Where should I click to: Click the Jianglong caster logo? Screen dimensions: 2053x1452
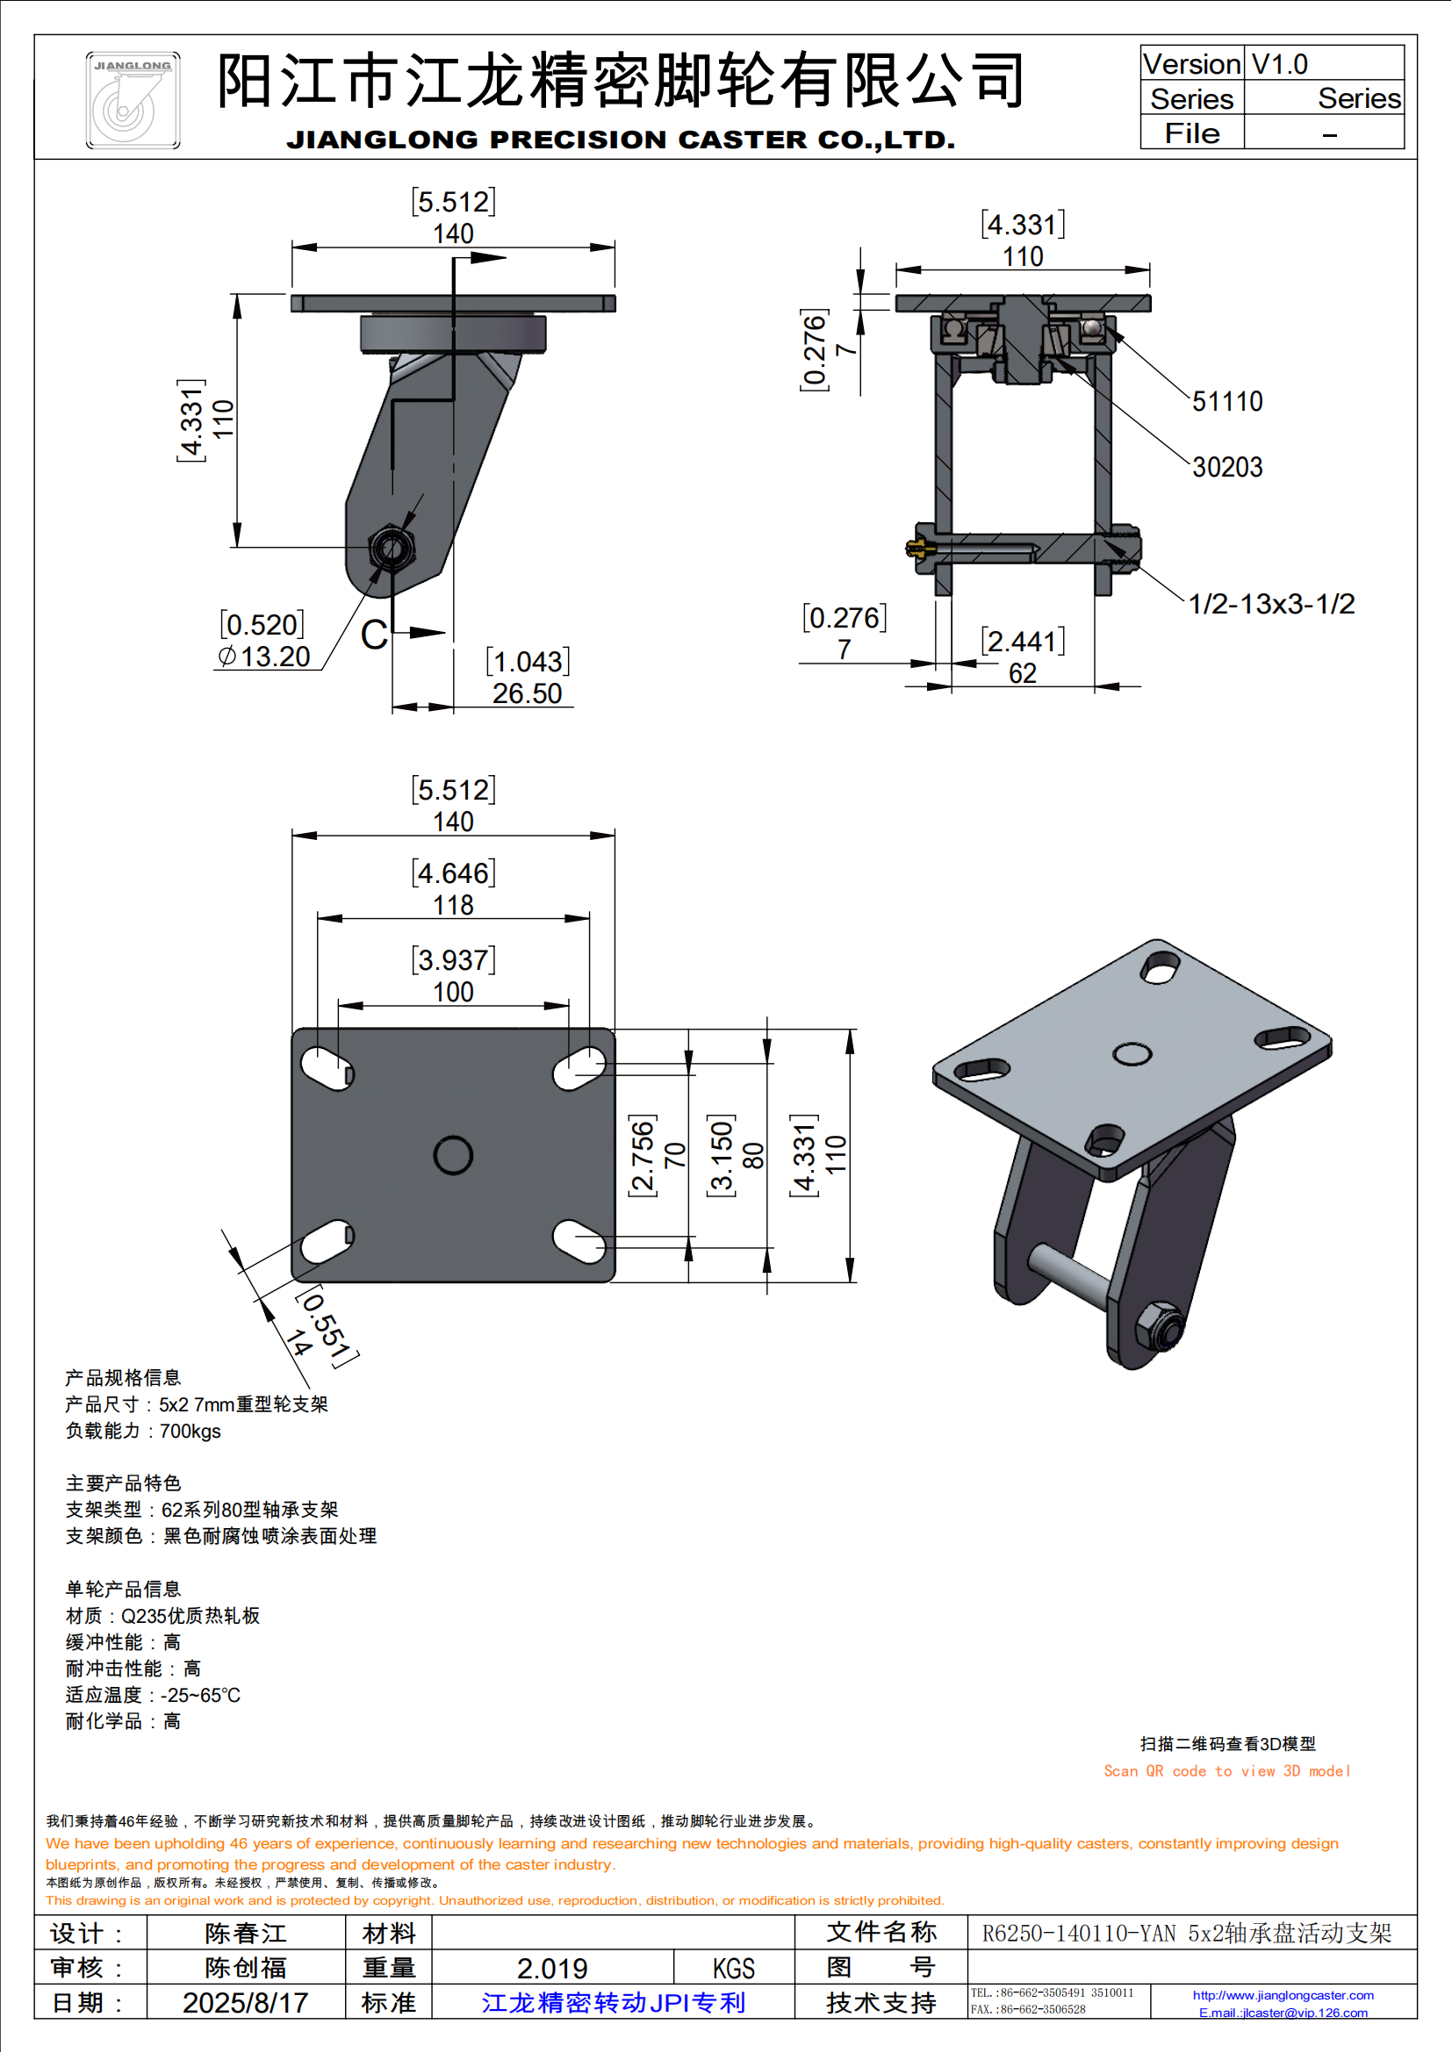pos(133,100)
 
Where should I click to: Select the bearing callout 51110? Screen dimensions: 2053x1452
pos(1226,401)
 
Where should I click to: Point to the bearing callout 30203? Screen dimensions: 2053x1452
pos(1226,467)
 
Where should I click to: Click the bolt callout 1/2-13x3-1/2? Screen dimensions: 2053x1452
pos(1270,604)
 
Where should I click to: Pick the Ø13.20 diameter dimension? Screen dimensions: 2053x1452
pos(264,657)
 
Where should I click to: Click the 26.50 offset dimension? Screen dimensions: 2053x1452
pos(527,693)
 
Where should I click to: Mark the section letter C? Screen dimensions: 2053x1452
pos(374,635)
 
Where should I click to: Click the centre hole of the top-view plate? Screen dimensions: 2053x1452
pos(452,1155)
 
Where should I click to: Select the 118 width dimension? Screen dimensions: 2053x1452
pos(453,905)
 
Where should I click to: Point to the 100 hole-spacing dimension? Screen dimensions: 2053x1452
pos(453,992)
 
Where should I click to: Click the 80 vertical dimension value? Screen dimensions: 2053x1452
pos(754,1155)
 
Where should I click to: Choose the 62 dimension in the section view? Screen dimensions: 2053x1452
pos(1022,673)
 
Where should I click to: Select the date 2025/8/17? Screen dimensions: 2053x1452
pos(245,2002)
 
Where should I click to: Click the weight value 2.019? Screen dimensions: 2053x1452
pos(551,1968)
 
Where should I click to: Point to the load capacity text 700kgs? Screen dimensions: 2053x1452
pos(190,1431)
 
